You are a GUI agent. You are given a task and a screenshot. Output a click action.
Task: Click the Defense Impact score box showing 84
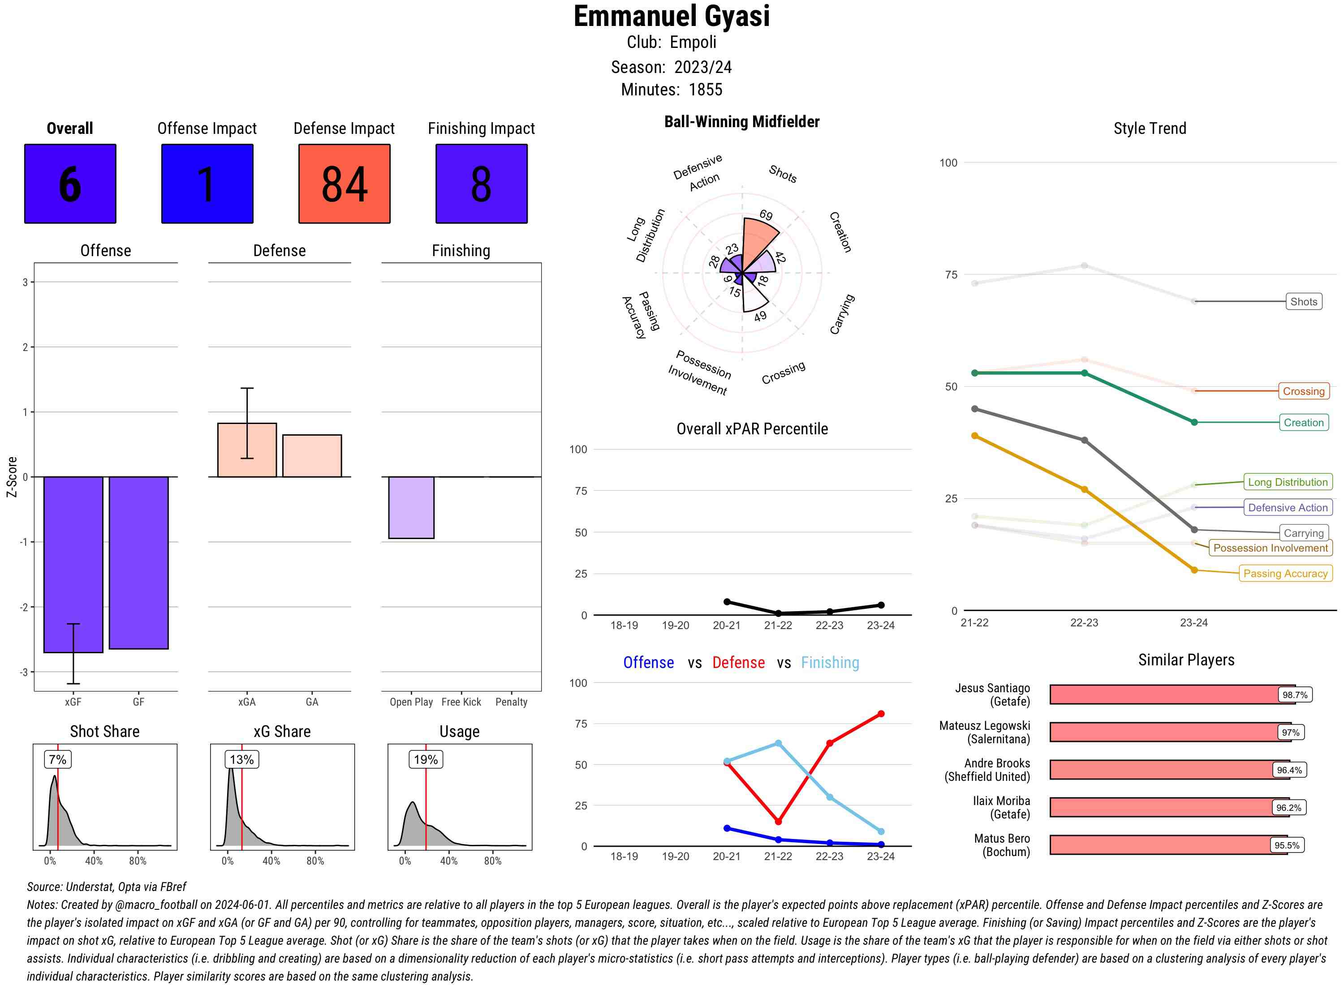pyautogui.click(x=344, y=184)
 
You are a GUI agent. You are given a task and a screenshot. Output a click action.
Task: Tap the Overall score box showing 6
pyautogui.click(x=70, y=184)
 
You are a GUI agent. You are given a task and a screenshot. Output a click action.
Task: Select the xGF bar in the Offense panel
pyautogui.click(x=73, y=564)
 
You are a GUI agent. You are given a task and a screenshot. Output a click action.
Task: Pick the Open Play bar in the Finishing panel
pyautogui.click(x=411, y=507)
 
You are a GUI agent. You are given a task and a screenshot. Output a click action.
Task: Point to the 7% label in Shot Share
pyautogui.click(x=58, y=759)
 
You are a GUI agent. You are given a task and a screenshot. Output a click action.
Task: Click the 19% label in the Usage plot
pyautogui.click(x=426, y=759)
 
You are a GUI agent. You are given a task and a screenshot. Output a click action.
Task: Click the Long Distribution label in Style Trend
pyautogui.click(x=1288, y=482)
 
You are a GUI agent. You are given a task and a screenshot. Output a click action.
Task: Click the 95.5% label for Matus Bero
pyautogui.click(x=1287, y=845)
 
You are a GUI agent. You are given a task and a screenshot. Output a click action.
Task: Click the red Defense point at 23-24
pyautogui.click(x=881, y=714)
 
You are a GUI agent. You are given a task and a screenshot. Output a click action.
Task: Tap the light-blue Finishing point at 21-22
pyautogui.click(x=779, y=744)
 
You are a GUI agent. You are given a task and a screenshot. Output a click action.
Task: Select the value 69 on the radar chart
pyautogui.click(x=766, y=215)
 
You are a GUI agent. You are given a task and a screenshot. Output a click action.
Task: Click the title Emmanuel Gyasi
pyautogui.click(x=672, y=16)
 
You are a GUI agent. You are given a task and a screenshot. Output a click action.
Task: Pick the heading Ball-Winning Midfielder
pyautogui.click(x=741, y=122)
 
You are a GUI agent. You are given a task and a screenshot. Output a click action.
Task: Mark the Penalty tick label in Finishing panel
pyautogui.click(x=511, y=702)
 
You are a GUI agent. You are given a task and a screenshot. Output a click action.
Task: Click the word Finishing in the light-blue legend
pyautogui.click(x=830, y=663)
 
